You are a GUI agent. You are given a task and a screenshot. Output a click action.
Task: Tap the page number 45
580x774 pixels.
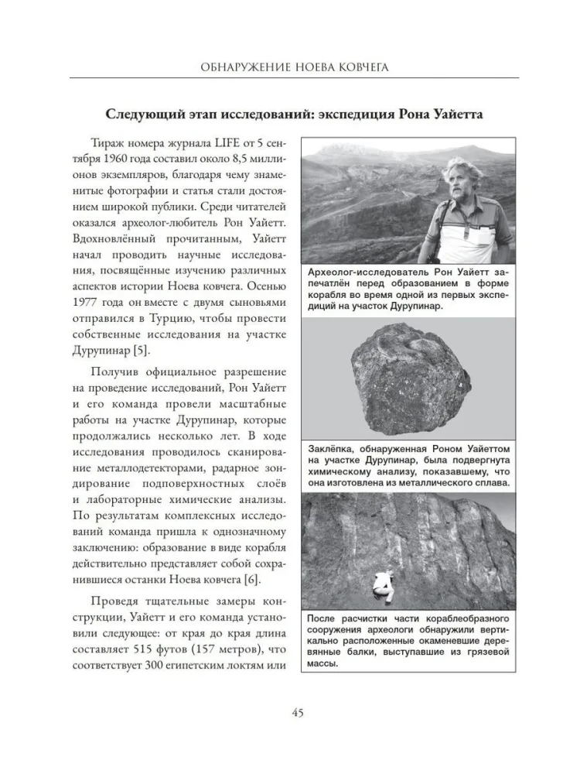(x=290, y=712)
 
